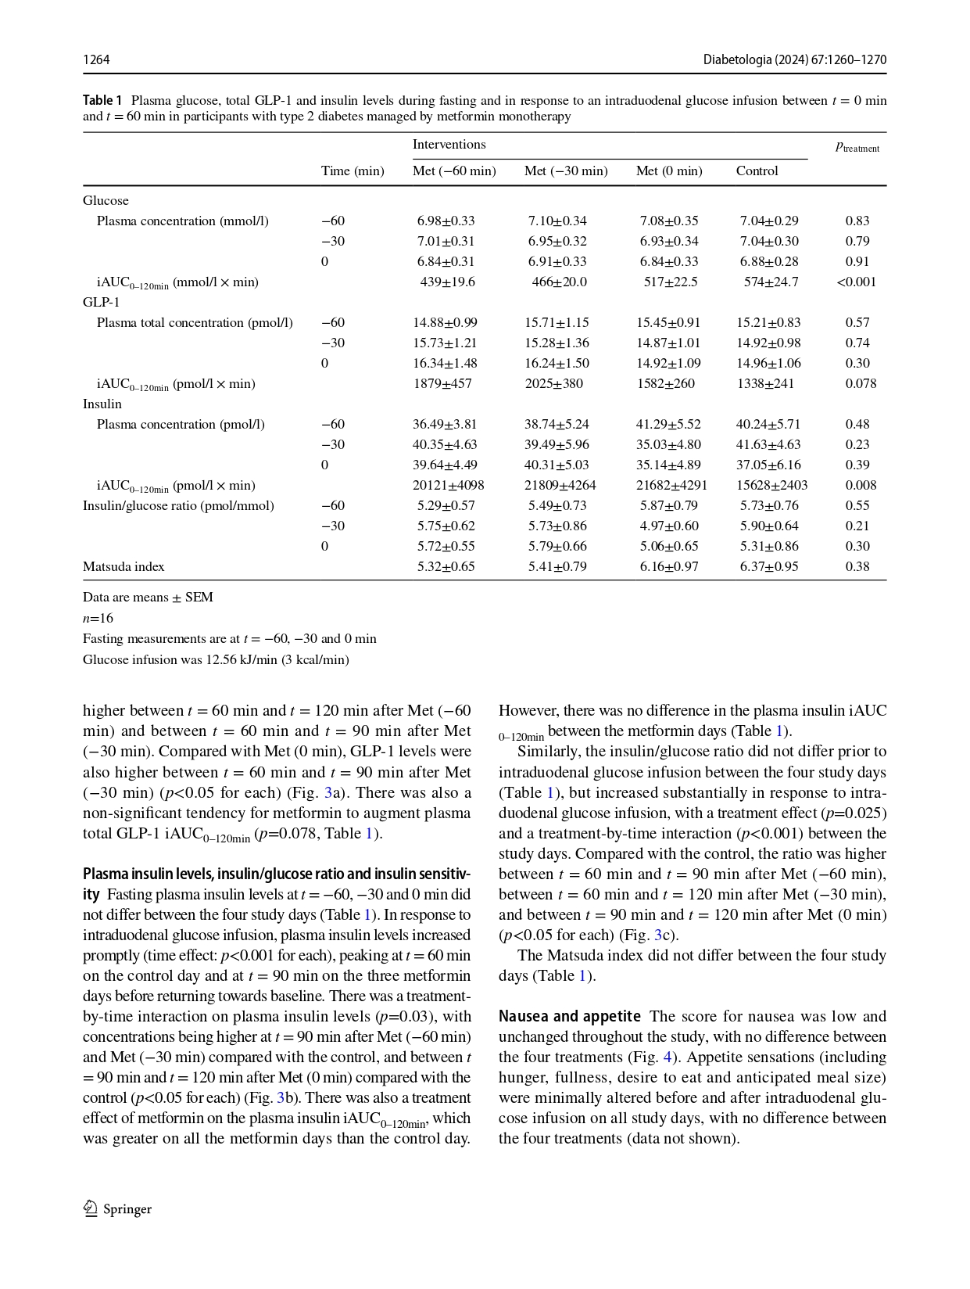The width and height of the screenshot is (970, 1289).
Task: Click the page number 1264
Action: [96, 60]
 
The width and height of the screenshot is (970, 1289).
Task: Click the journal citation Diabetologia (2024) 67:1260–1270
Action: [794, 60]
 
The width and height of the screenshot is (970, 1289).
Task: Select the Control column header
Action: [757, 171]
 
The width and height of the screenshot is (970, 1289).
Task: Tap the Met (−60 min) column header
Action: [454, 171]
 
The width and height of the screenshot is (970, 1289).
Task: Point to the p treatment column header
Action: [857, 147]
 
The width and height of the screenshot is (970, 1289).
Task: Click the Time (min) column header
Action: [353, 171]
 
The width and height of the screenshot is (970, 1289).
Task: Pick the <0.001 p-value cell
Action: [856, 282]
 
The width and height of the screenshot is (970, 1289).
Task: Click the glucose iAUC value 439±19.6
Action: [447, 282]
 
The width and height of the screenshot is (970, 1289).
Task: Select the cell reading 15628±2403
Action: [771, 486]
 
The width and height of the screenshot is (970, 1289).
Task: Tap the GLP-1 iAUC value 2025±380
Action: [553, 384]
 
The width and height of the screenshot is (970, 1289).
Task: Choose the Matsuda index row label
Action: [123, 567]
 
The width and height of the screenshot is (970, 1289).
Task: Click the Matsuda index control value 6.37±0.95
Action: [769, 567]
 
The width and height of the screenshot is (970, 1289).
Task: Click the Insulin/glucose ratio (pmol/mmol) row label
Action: [178, 506]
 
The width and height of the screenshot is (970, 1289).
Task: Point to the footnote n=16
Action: [98, 618]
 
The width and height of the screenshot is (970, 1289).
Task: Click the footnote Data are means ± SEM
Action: [148, 598]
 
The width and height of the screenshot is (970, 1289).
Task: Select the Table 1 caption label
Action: [102, 100]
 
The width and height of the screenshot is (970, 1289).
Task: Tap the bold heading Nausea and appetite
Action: [569, 1017]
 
